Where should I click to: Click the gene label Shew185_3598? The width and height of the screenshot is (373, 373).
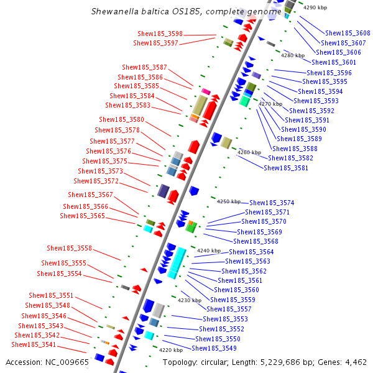160,34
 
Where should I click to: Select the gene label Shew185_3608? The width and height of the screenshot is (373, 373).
348,33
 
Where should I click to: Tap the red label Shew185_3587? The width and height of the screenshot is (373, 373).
144,67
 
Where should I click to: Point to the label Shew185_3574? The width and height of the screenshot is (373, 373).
272,203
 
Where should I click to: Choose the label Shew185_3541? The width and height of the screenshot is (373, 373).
34,344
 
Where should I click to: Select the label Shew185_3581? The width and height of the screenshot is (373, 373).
286,168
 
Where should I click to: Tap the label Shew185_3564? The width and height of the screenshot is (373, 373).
251,252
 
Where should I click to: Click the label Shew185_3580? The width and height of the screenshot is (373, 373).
121,119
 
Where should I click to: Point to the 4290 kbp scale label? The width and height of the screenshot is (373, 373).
315,7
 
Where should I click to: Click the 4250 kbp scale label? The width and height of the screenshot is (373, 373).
228,201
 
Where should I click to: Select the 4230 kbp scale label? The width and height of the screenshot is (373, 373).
190,300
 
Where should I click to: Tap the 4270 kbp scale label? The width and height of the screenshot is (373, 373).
270,104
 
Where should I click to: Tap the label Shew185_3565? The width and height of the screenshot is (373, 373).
82,216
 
